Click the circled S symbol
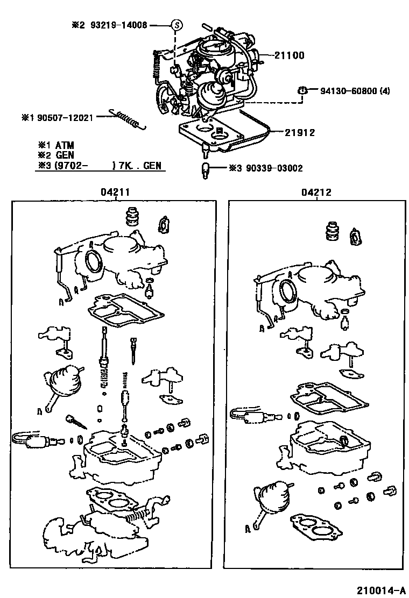pyautogui.click(x=177, y=25)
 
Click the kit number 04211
pyautogui.click(x=114, y=192)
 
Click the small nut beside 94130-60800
pyautogui.click(x=303, y=91)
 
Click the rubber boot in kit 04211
pyautogui.click(x=132, y=217)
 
